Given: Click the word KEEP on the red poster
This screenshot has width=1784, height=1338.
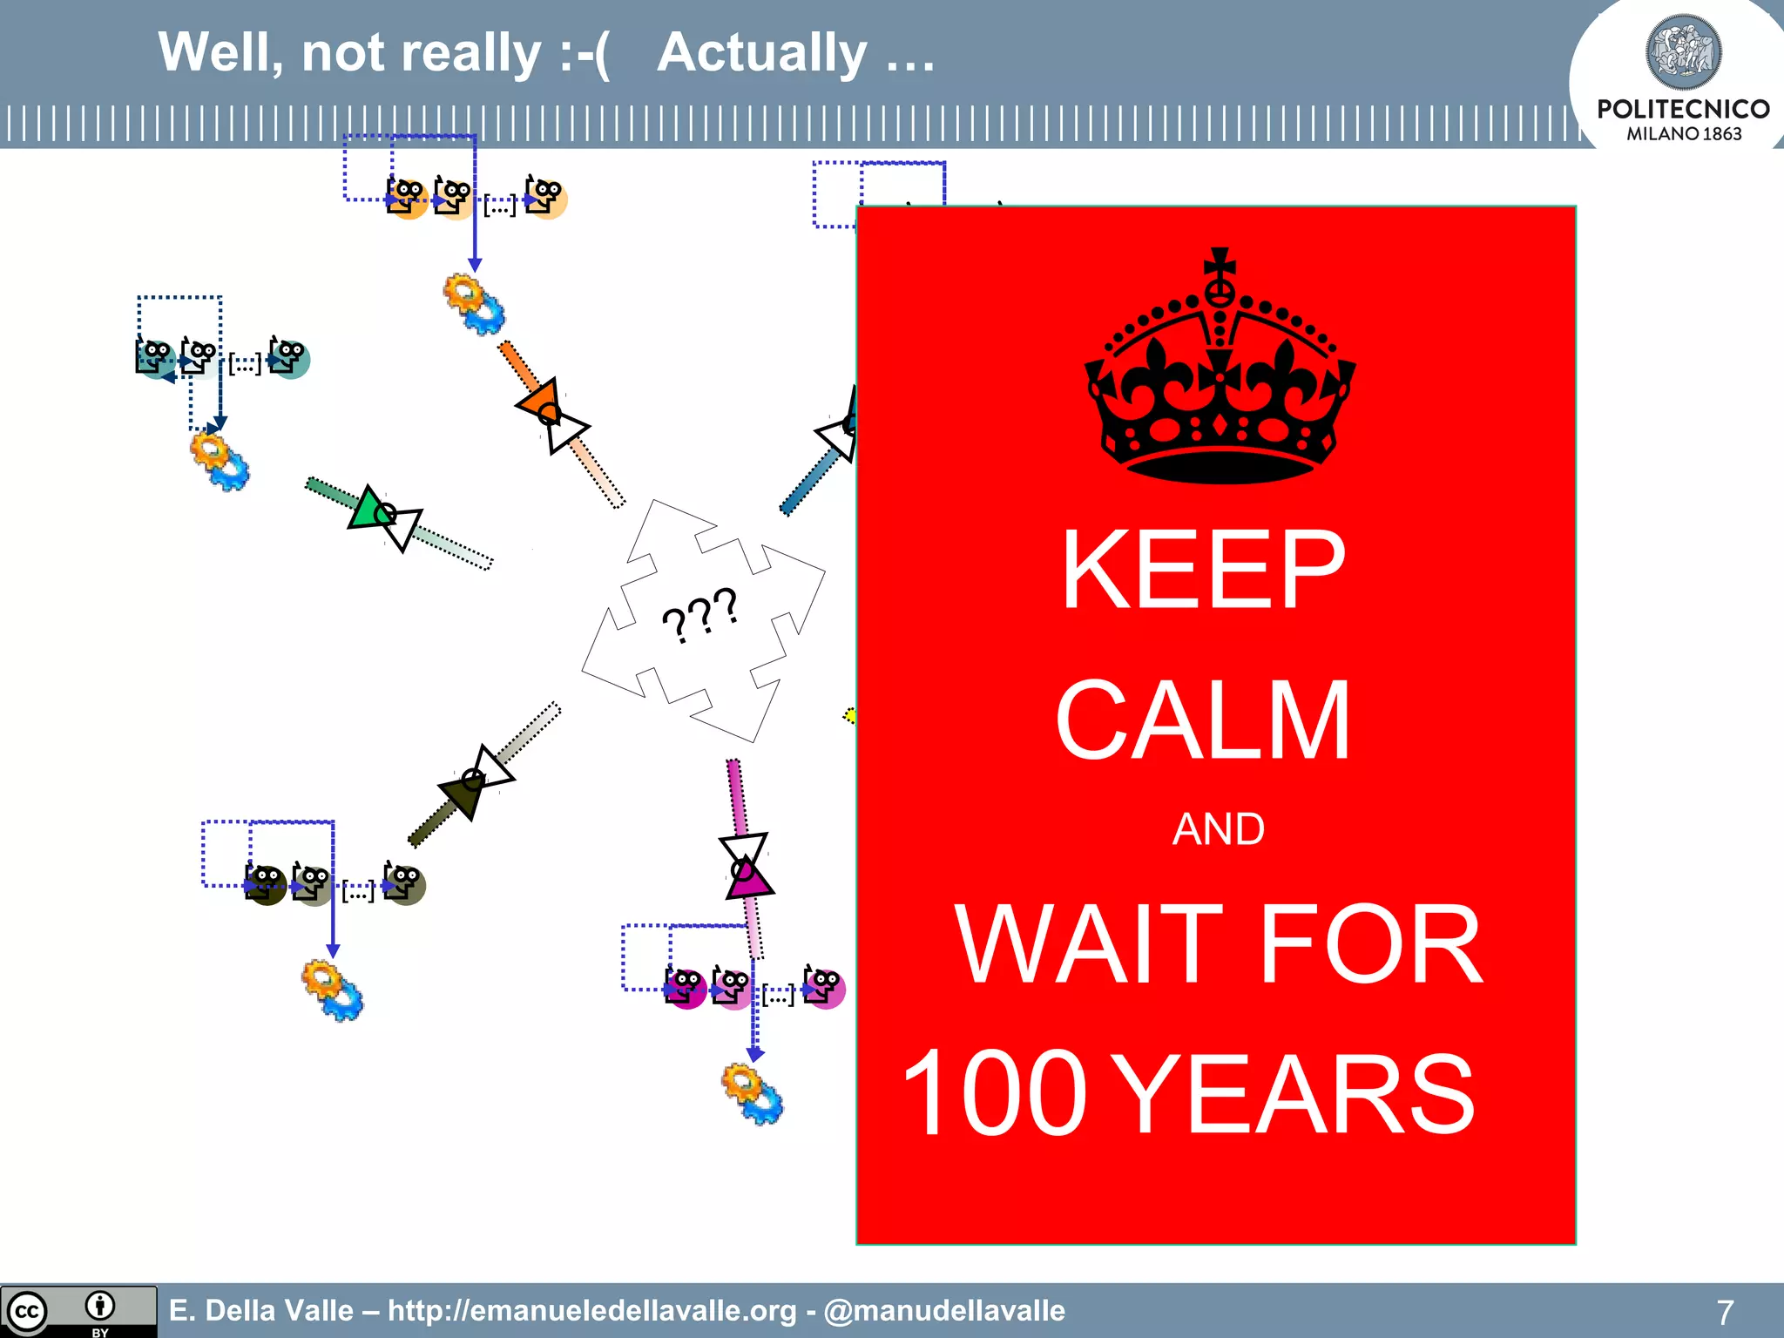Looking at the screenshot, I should [1203, 571].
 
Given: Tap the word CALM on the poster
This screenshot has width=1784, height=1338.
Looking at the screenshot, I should [1203, 721].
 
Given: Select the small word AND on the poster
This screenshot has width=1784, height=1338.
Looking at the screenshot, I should [1218, 829].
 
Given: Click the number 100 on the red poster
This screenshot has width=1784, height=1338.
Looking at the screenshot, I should [994, 1094].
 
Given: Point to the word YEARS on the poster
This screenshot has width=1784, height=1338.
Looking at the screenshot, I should [1294, 1094].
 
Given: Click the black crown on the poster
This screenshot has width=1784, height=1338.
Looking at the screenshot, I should [1220, 392].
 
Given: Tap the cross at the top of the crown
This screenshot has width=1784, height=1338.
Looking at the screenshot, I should [1220, 261].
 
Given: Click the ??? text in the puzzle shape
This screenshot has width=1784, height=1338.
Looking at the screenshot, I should [699, 614].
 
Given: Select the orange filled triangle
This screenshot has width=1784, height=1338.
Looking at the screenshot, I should [540, 401].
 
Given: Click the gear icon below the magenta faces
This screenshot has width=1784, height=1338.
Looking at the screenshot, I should [753, 1093].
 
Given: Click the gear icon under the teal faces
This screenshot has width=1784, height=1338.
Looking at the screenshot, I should [220, 462].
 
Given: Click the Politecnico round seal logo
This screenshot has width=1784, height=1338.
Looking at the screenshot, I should [1683, 51].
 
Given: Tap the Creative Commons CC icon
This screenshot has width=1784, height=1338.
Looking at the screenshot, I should [26, 1312].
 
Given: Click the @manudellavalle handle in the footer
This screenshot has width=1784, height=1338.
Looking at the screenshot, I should [944, 1310].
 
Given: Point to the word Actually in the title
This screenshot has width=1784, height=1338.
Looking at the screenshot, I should [761, 54].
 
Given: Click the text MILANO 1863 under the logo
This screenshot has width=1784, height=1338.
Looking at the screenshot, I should [1683, 134].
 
